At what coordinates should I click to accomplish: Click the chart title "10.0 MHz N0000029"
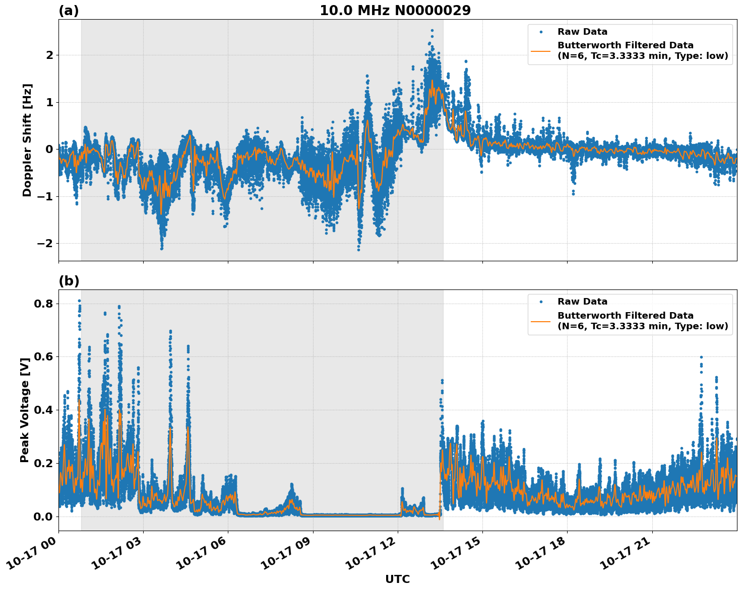tap(395, 11)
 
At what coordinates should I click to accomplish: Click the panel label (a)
tap(69, 11)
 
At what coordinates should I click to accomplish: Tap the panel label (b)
tap(69, 281)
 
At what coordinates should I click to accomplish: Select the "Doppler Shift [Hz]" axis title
tap(27, 140)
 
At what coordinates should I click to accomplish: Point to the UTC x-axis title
tap(397, 579)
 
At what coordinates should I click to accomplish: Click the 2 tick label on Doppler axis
tap(49, 55)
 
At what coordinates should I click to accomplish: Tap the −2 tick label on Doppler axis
tap(45, 244)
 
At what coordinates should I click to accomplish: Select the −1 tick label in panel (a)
tap(45, 196)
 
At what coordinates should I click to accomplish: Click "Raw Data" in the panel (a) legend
tap(582, 32)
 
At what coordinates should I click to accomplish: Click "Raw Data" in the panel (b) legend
tap(582, 302)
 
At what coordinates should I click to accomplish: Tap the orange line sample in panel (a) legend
tap(541, 50)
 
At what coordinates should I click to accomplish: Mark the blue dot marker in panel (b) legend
tap(541, 302)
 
